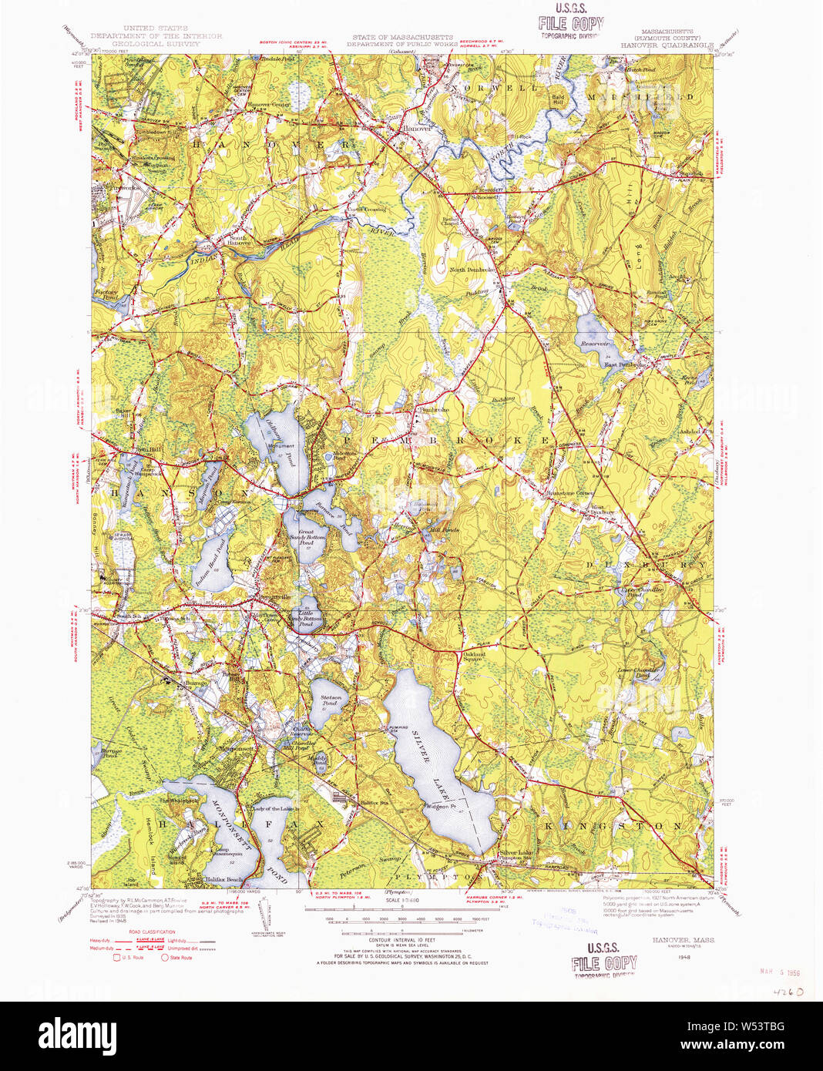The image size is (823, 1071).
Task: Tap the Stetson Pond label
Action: click(x=330, y=700)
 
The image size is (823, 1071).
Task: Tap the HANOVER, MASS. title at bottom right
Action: click(x=683, y=940)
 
